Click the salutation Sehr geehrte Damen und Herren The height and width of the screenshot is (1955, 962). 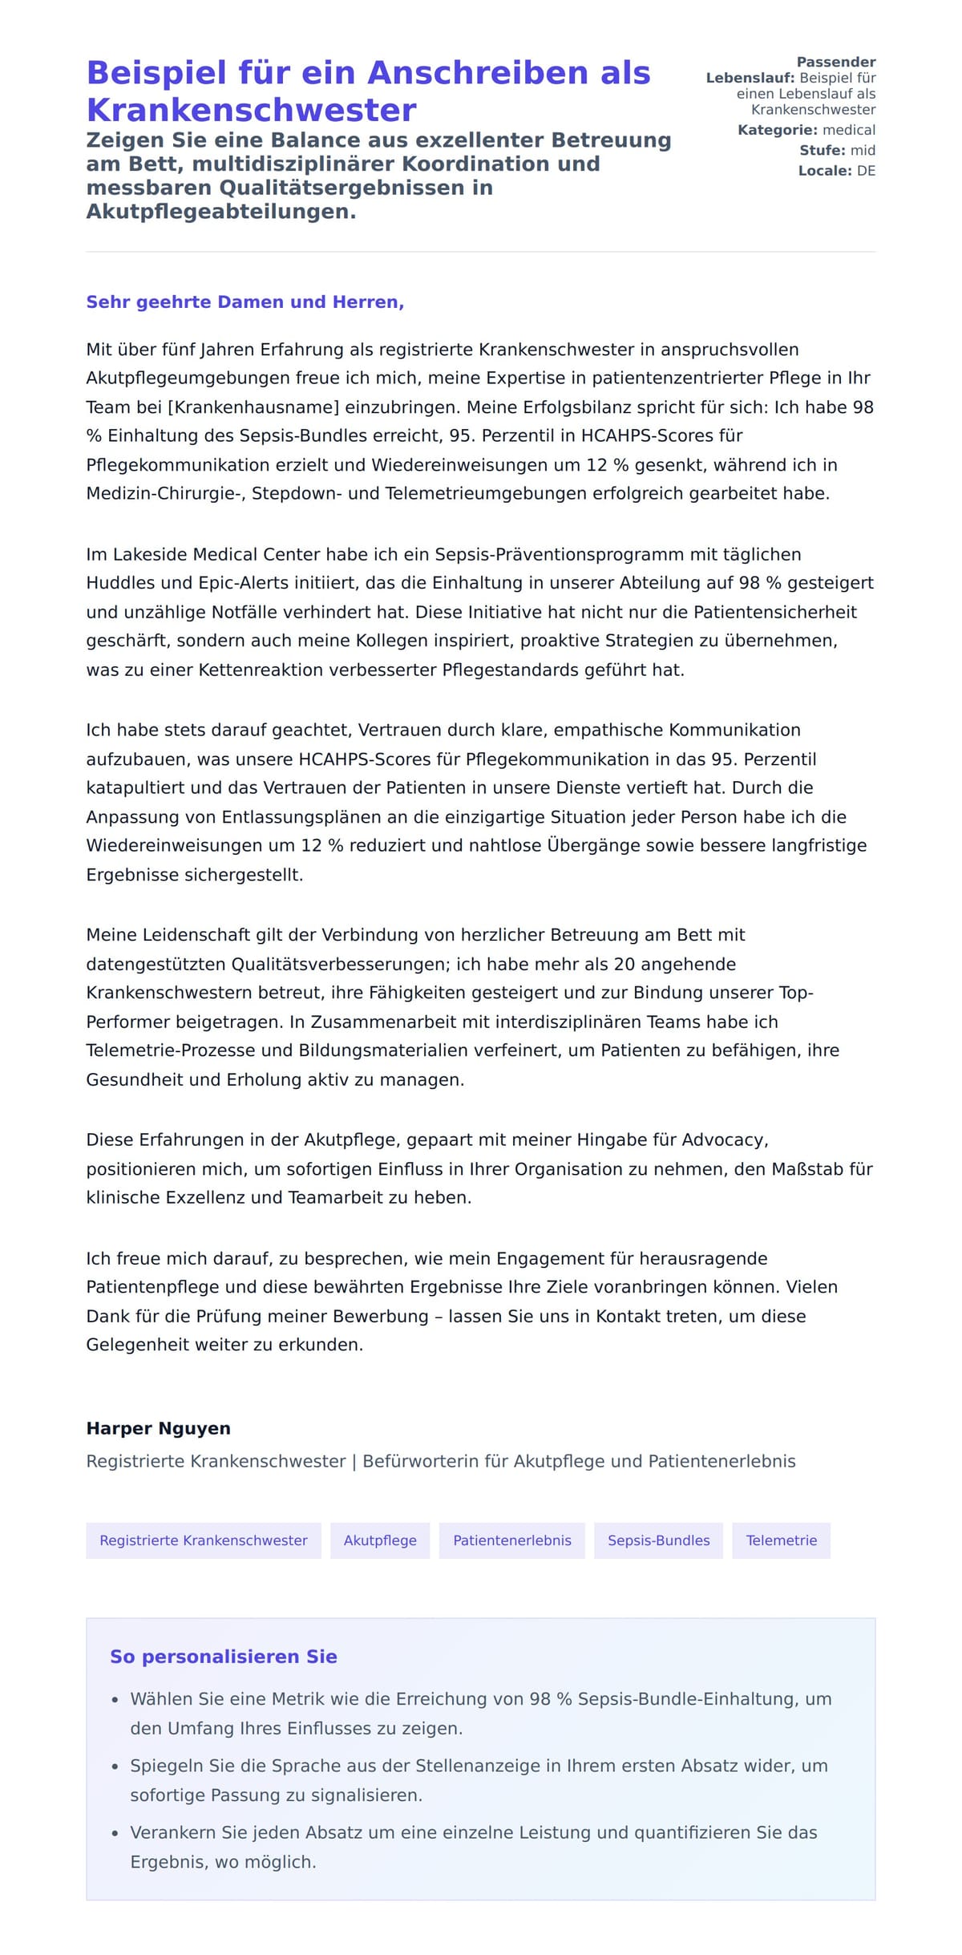point(245,302)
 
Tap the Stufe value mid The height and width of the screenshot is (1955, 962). point(863,150)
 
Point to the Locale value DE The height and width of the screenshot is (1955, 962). point(866,171)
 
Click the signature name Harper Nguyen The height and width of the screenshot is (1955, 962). point(158,1428)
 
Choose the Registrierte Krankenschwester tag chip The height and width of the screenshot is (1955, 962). point(204,1540)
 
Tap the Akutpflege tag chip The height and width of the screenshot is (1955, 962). point(380,1540)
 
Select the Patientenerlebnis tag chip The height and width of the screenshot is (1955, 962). point(512,1540)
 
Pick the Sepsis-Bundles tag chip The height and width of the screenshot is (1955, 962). point(658,1540)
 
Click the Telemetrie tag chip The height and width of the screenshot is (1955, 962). point(782,1540)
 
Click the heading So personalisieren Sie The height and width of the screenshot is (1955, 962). point(224,1657)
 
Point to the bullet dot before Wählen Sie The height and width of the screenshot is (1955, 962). point(115,1700)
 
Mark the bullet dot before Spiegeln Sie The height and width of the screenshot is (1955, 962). point(115,1767)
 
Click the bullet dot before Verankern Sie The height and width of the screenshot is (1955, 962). point(115,1834)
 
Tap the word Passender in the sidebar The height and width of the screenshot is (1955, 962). point(835,62)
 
